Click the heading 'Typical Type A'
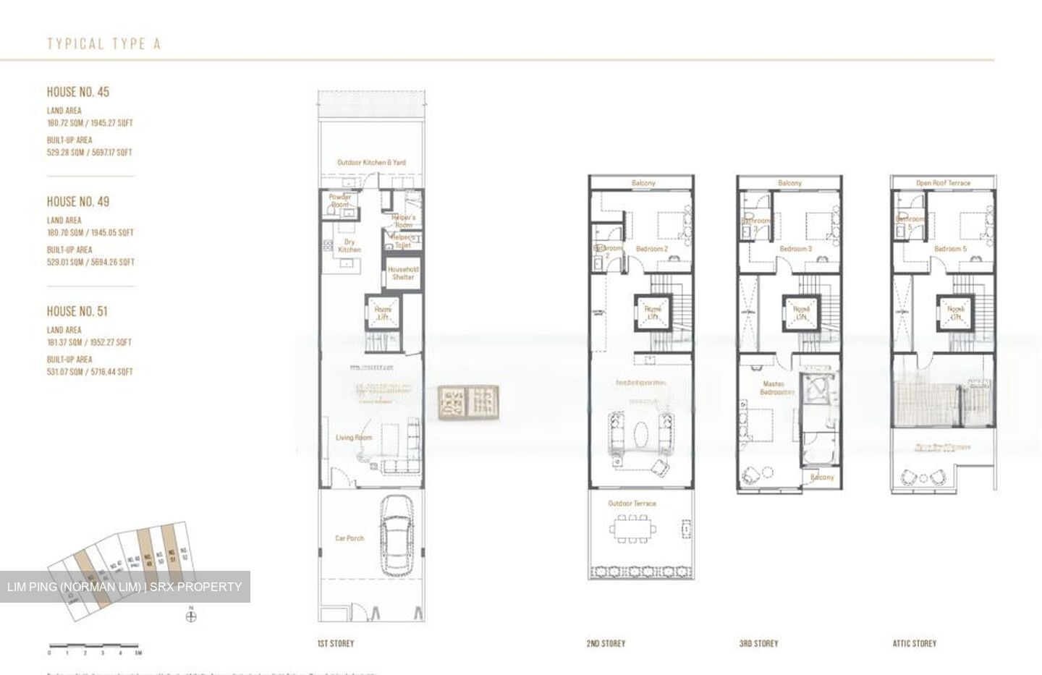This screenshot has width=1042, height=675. coord(103,44)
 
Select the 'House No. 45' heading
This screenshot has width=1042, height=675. coord(78,92)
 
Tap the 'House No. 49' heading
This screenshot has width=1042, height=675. coord(78,202)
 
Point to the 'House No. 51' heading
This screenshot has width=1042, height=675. coord(77,311)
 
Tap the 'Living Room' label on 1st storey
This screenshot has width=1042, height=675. coord(354,438)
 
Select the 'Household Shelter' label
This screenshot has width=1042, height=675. coord(403,273)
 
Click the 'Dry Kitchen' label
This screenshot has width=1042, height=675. coord(349,246)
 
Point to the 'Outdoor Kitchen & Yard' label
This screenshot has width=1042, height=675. coord(371,163)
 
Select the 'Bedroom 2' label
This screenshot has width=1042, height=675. coord(651,249)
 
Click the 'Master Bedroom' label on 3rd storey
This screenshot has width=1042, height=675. coord(778,388)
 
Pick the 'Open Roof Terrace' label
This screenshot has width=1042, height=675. coord(943,183)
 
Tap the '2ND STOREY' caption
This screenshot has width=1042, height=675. coord(606,643)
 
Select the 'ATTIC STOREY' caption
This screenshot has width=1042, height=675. coord(914,643)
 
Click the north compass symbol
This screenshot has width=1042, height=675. coord(191,616)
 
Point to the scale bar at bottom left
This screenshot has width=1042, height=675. coord(94,645)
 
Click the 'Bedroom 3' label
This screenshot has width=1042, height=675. coord(795,249)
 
